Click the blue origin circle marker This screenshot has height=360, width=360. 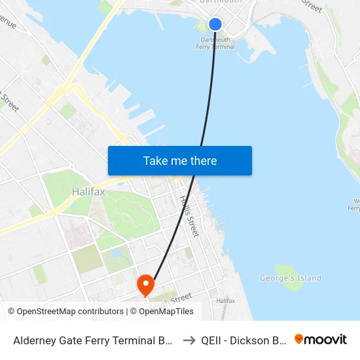(x=215, y=24)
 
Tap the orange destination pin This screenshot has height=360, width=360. (x=145, y=283)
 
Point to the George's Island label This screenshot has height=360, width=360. (x=291, y=278)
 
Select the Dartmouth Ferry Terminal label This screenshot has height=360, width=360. (x=215, y=43)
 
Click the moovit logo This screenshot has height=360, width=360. (x=320, y=340)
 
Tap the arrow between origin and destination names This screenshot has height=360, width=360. (x=189, y=340)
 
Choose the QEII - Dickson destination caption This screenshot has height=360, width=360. (x=243, y=340)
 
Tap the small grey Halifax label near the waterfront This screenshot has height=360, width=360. (x=225, y=300)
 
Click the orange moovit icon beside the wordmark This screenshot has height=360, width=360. (x=299, y=340)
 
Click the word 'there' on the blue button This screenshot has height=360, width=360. (x=203, y=161)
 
